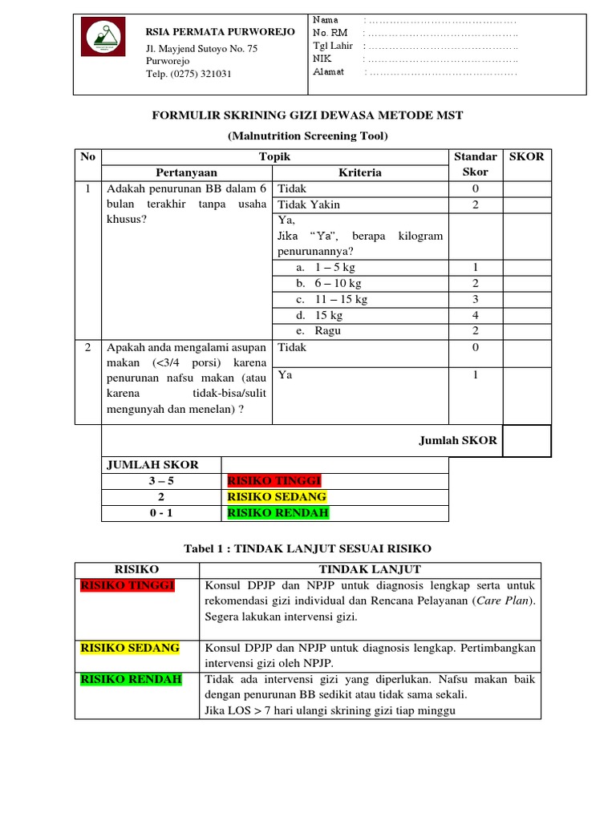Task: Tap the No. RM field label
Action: (330, 33)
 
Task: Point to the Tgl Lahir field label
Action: (332, 46)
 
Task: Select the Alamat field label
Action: (328, 71)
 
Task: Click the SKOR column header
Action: (526, 156)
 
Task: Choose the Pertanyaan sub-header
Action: (186, 172)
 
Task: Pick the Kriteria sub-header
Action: (360, 172)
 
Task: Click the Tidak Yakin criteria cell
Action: (309, 204)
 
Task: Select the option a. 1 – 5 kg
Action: (326, 267)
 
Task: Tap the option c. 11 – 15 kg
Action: (330, 299)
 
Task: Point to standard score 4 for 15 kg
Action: (475, 315)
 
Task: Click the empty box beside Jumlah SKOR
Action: (526, 440)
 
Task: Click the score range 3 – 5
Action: (160, 481)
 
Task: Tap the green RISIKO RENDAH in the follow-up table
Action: (131, 679)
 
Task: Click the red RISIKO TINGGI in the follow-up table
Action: (128, 585)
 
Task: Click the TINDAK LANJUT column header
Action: (370, 569)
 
